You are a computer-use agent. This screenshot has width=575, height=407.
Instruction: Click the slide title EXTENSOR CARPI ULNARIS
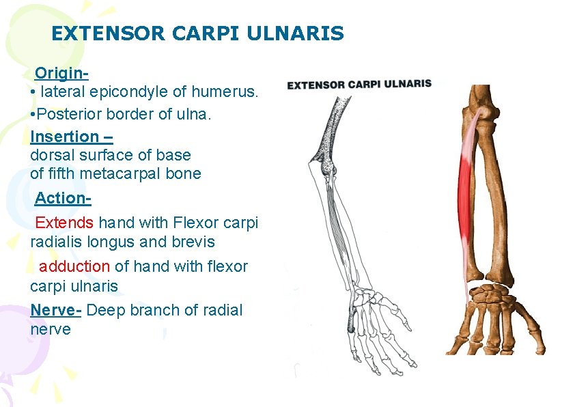(197, 33)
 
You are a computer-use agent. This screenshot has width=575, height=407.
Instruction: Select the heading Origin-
(62, 72)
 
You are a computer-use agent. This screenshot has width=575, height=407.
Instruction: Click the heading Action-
(63, 198)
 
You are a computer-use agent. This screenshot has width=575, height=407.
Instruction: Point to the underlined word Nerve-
(56, 310)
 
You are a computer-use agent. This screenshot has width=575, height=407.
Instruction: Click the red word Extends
(64, 223)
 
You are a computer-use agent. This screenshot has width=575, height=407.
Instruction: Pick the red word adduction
(74, 266)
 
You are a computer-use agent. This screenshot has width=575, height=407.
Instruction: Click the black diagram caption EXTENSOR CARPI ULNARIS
(359, 85)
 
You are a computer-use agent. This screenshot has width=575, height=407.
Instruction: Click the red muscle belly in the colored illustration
(465, 191)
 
